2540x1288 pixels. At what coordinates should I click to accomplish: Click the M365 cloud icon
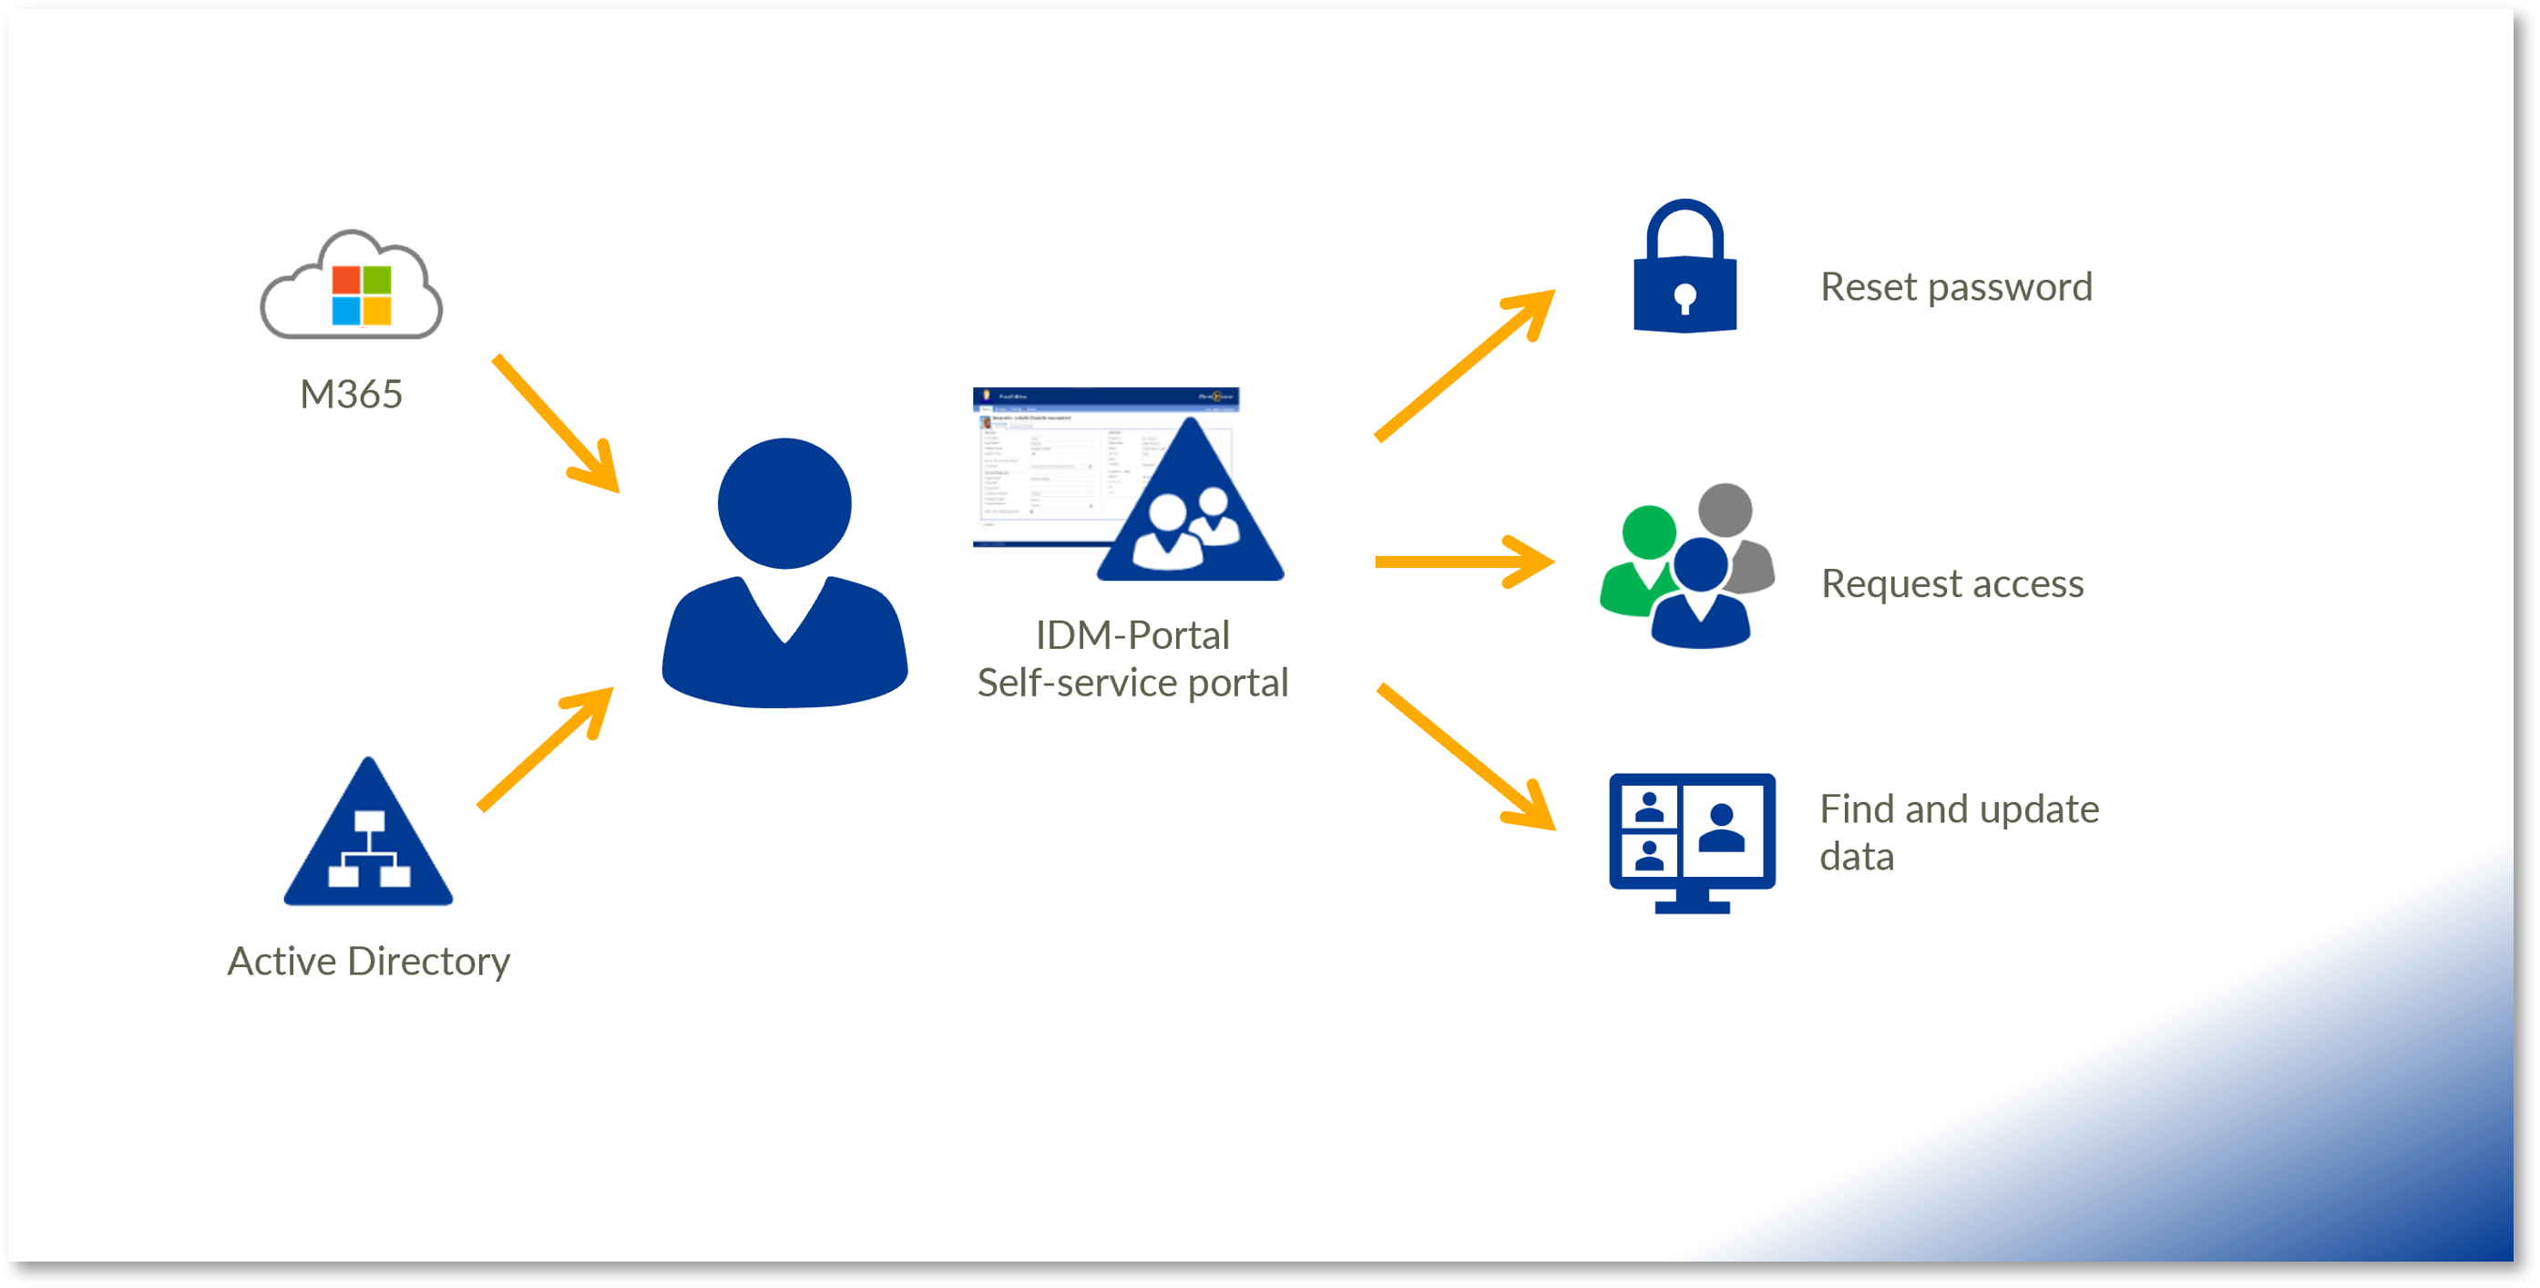pyautogui.click(x=351, y=287)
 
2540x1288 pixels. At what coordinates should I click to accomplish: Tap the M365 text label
pyautogui.click(x=351, y=395)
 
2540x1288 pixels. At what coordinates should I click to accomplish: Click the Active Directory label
pyautogui.click(x=369, y=962)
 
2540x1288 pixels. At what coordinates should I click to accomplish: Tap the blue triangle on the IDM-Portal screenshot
pyautogui.click(x=1190, y=513)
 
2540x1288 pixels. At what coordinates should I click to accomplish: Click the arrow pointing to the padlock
pyautogui.click(x=1463, y=365)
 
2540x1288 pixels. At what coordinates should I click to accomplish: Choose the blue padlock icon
pyautogui.click(x=1685, y=272)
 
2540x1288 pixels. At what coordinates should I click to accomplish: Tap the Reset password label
pyautogui.click(x=1955, y=287)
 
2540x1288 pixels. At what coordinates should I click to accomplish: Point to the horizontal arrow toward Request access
pyautogui.click(x=1463, y=562)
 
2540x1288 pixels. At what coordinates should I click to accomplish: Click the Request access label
pyautogui.click(x=1951, y=584)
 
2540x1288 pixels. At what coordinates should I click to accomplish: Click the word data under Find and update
pyautogui.click(x=1856, y=857)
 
